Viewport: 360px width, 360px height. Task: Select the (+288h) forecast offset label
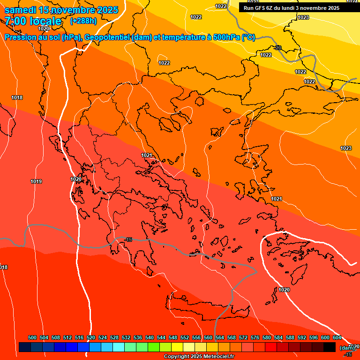[x=83, y=21]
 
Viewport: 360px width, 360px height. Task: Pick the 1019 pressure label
[x=36, y=181]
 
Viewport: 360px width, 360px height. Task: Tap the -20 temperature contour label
[x=278, y=48]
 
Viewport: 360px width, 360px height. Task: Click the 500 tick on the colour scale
[x=32, y=337]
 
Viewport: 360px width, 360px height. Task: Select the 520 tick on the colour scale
[x=91, y=337]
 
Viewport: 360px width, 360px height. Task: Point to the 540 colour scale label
[x=150, y=337]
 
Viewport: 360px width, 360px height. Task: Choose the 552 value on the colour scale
[x=185, y=337]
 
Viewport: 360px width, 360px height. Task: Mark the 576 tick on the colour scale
[x=255, y=337]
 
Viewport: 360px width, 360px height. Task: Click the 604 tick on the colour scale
[x=337, y=337]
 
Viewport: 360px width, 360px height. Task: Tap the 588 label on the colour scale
[x=290, y=337]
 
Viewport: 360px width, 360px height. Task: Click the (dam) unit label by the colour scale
[x=347, y=347]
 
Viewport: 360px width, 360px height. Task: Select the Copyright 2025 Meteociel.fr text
[x=199, y=356]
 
